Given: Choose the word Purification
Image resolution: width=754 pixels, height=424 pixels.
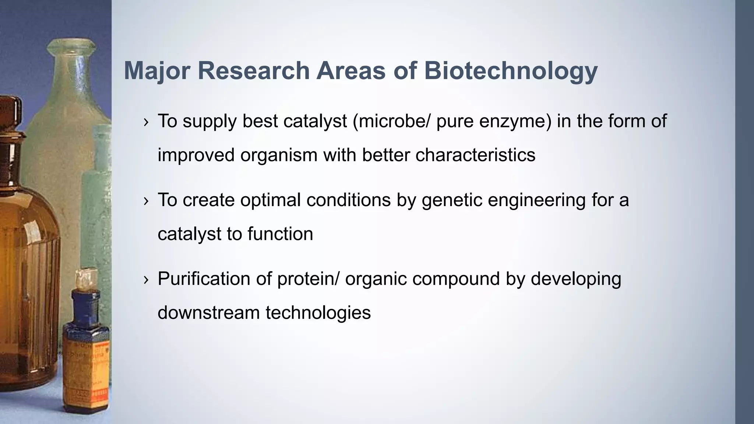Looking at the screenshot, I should click(x=204, y=279).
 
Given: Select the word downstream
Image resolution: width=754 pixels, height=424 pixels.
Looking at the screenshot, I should click(x=208, y=312).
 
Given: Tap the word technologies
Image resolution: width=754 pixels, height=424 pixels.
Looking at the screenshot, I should click(x=318, y=312).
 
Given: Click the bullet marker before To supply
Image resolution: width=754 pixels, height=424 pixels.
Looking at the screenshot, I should click(x=146, y=122).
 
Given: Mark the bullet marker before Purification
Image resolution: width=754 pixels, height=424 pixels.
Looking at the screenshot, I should click(x=146, y=280).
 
